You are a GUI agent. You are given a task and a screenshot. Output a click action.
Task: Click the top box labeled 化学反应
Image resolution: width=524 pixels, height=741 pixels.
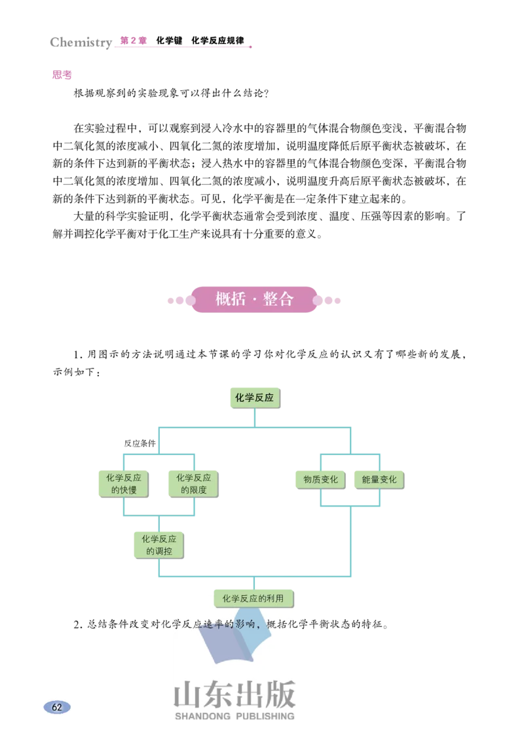pyautogui.click(x=254, y=397)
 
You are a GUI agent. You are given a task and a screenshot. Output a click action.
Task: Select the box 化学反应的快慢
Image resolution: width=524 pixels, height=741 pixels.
pyautogui.click(x=123, y=484)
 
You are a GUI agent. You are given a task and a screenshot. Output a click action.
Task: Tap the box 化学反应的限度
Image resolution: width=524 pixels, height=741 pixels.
pyautogui.click(x=193, y=484)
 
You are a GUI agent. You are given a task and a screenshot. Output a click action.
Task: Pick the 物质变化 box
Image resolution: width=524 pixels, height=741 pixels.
pyautogui.click(x=320, y=479)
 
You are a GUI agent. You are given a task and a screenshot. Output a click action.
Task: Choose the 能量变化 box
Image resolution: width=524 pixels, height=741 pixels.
pyautogui.click(x=379, y=479)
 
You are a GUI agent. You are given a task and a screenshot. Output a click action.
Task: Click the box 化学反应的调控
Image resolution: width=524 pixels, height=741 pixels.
pyautogui.click(x=159, y=545)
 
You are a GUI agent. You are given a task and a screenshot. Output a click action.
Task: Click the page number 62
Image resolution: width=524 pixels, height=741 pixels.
pyautogui.click(x=57, y=707)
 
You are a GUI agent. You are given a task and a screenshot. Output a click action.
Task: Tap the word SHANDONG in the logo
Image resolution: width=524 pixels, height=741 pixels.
pyautogui.click(x=202, y=716)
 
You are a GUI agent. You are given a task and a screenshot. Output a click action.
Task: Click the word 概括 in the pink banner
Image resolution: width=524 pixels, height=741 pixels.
pyautogui.click(x=230, y=299)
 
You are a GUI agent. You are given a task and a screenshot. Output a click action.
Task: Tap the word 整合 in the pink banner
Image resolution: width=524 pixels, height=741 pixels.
pyautogui.click(x=278, y=299)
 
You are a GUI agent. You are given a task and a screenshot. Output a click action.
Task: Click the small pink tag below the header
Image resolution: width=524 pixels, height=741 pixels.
pyautogui.click(x=62, y=76)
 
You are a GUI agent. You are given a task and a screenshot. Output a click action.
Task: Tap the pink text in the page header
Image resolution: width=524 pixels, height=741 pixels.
pyautogui.click(x=134, y=41)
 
